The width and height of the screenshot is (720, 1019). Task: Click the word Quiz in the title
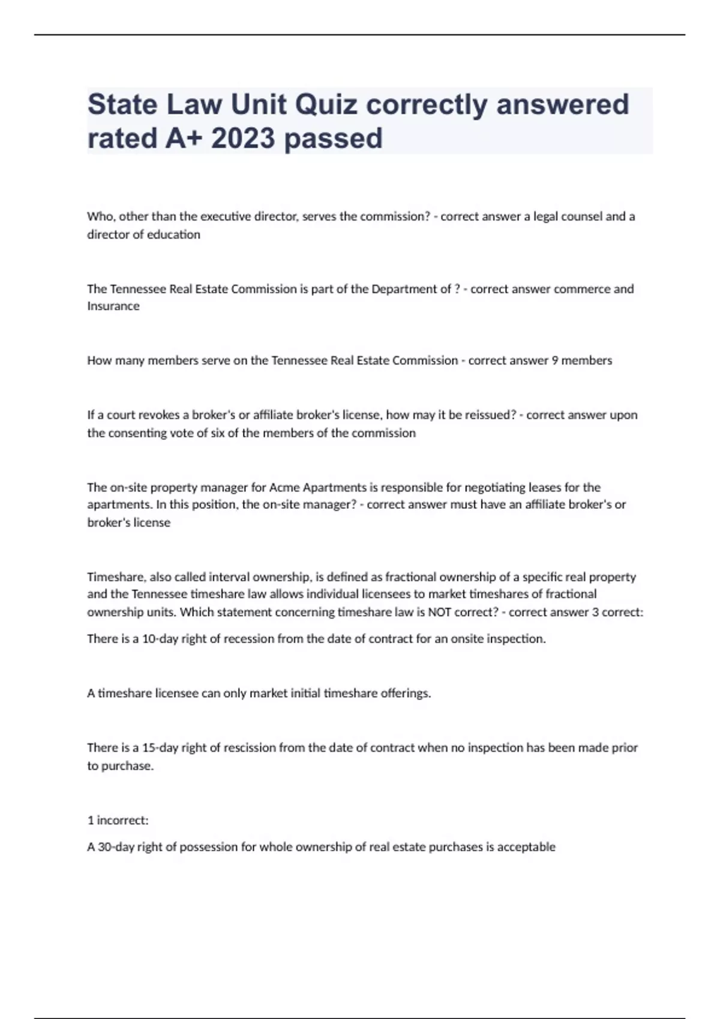(x=326, y=105)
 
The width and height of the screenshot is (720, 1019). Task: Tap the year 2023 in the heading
(x=243, y=138)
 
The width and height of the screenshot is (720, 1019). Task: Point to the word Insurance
(x=113, y=306)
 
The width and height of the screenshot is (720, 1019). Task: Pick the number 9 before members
(x=555, y=361)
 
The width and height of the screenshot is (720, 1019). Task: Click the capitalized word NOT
(x=439, y=612)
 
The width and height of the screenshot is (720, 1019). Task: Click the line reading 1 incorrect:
(x=118, y=821)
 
